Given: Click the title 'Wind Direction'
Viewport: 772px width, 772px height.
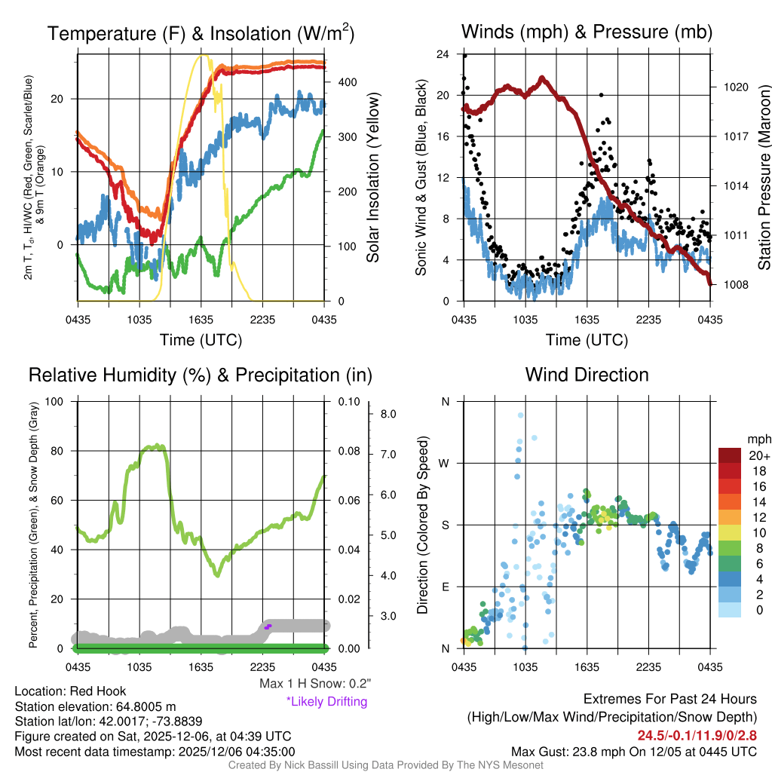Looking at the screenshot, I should pyautogui.click(x=587, y=375).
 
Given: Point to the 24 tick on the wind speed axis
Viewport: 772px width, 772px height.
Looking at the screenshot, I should pyautogui.click(x=443, y=54).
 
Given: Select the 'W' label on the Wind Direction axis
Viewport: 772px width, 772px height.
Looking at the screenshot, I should pyautogui.click(x=446, y=463).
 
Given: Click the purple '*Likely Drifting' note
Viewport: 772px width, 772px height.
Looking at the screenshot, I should pyautogui.click(x=326, y=701).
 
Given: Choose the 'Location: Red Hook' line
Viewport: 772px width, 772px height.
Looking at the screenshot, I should pyautogui.click(x=71, y=691).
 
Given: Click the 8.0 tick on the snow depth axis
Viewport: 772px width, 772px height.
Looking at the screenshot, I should pyautogui.click(x=388, y=414).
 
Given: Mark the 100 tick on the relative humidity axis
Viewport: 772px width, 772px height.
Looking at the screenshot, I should pyautogui.click(x=54, y=401).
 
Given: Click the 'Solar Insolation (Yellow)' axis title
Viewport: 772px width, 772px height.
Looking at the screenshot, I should pyautogui.click(x=372, y=178).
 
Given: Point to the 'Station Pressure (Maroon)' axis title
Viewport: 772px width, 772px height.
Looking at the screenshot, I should pyautogui.click(x=763, y=178).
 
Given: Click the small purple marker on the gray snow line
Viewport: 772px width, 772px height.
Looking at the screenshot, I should pyautogui.click(x=268, y=626).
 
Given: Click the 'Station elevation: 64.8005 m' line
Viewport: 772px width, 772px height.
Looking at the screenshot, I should pyautogui.click(x=95, y=706).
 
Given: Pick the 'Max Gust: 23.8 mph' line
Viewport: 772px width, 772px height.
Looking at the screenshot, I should pyautogui.click(x=633, y=751).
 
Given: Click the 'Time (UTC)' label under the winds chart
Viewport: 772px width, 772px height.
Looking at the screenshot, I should pyautogui.click(x=587, y=340).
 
